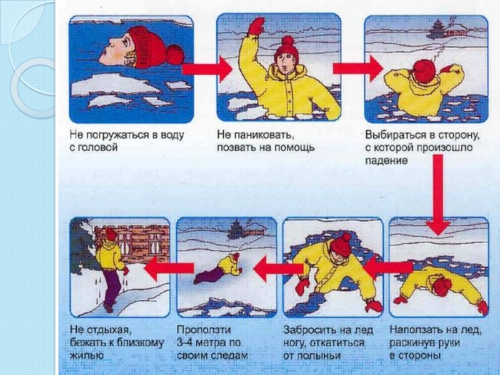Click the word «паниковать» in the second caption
(x=264, y=135)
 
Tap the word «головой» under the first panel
(x=96, y=147)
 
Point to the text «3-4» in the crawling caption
(x=184, y=342)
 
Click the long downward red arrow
(x=438, y=194)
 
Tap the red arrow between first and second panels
(x=207, y=69)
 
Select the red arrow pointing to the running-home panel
(x=169, y=269)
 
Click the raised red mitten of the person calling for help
(x=257, y=26)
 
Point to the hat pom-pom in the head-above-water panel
(x=175, y=55)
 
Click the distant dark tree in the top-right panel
(x=436, y=29)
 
